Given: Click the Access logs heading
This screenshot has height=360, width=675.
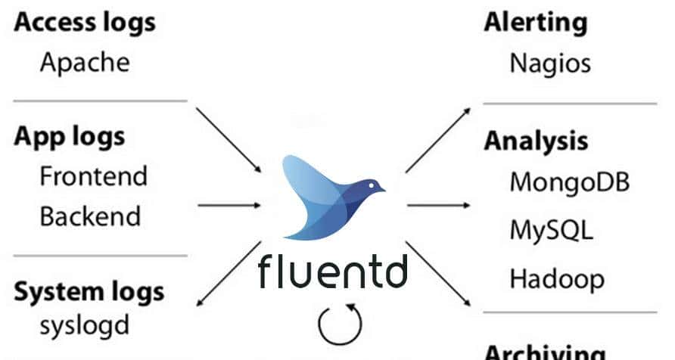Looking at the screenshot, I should pos(85,23).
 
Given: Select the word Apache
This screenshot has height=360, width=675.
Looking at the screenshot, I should pos(85,61).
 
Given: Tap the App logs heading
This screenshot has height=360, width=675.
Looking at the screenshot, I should pos(70,138).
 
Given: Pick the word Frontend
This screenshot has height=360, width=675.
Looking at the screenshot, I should pos(93,177).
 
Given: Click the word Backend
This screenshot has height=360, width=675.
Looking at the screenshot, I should pos(90,216).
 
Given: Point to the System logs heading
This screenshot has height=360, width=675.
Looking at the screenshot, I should pos(89,291).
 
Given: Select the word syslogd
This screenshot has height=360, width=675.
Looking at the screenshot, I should pos(84,326).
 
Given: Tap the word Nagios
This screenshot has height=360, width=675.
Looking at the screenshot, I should pos(550,62).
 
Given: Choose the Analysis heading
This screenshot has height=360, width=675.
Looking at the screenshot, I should pos(536,141).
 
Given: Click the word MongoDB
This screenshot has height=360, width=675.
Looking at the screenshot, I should pos(570,182).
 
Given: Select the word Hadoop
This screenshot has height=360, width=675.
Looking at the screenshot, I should pos(557,279).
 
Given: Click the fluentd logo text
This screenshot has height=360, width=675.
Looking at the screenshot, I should pos(333,271).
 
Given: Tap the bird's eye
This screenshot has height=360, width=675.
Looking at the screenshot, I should pos(370,184).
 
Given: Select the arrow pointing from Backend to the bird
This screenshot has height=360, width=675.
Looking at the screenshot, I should pos(229,204).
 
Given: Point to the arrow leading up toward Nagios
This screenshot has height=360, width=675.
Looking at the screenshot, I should pos(437,141).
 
